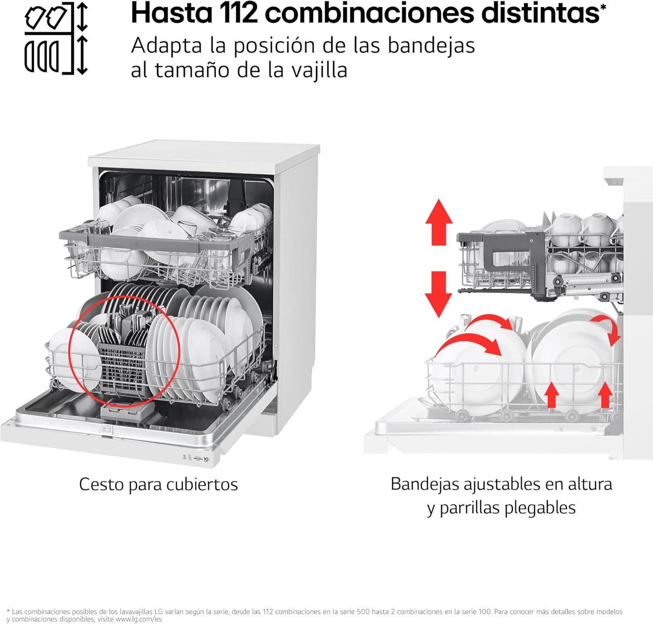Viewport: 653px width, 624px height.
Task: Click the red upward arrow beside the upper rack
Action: (439, 222)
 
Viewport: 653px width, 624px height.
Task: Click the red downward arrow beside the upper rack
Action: (439, 294)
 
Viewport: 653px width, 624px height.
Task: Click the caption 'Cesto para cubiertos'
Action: (158, 484)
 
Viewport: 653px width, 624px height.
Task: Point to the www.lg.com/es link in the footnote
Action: (138, 619)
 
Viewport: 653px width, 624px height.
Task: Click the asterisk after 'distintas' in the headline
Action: (603, 7)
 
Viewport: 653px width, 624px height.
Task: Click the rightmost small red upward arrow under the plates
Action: (605, 394)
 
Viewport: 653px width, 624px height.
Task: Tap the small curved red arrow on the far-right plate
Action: (607, 328)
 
